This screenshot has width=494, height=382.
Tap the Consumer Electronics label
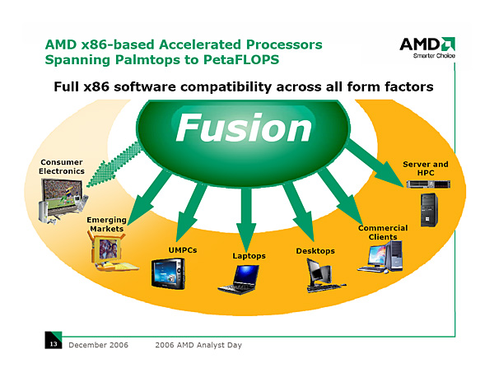(x=62, y=166)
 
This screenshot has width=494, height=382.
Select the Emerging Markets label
(x=106, y=224)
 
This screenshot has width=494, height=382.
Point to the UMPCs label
(x=183, y=249)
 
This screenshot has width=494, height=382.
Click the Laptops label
(x=249, y=256)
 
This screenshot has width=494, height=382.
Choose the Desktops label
(x=315, y=250)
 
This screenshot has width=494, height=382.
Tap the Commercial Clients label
(x=383, y=232)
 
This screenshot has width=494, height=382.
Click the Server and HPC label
(x=426, y=169)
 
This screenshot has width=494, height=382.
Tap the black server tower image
(x=428, y=210)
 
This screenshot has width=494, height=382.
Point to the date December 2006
(x=97, y=345)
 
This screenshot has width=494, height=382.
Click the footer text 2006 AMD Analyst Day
(x=198, y=345)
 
